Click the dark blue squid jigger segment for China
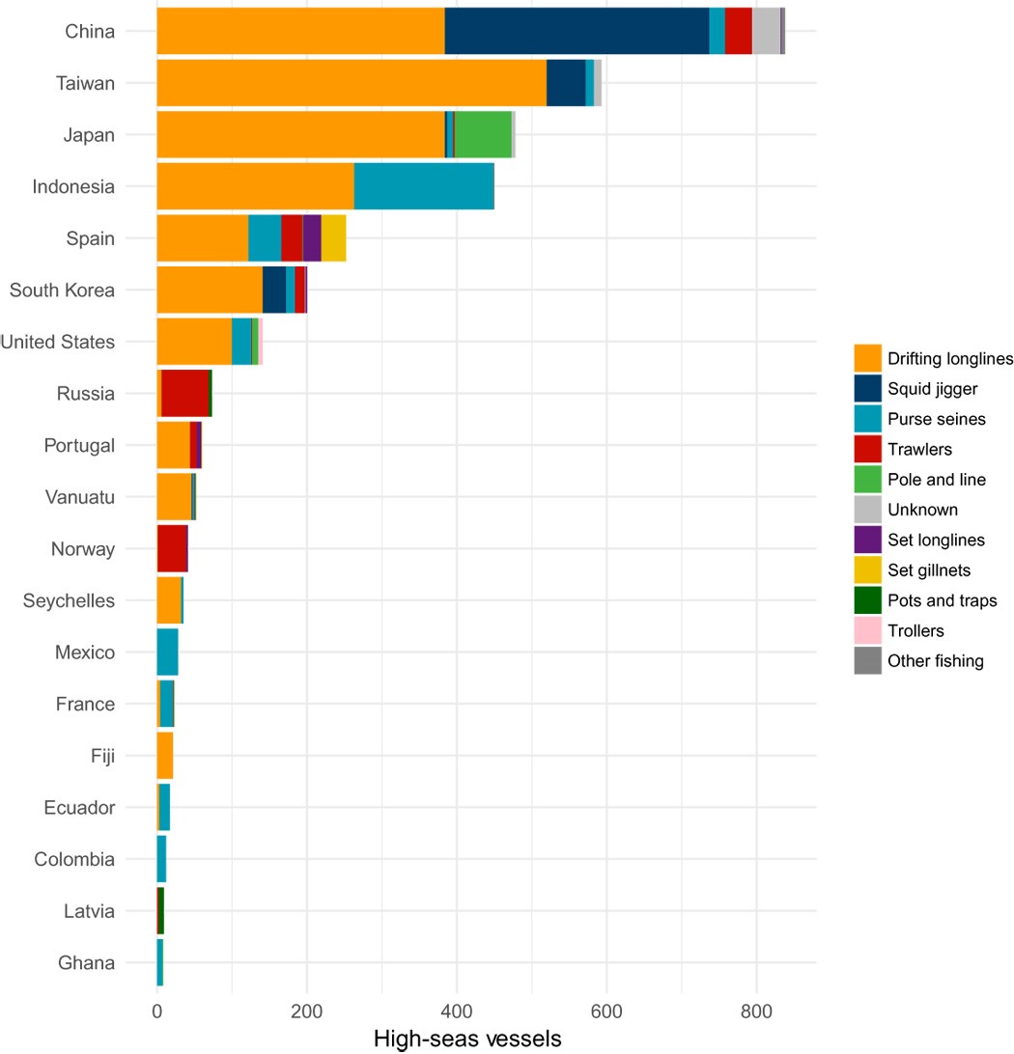pos(577,31)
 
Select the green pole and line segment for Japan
pos(483,134)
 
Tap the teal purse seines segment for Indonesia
pos(424,186)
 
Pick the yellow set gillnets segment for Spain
pos(333,237)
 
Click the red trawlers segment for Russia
pos(185,393)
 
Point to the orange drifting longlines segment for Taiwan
pos(352,83)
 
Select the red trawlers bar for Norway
pos(172,548)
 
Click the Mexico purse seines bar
pos(167,652)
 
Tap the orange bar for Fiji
pos(165,755)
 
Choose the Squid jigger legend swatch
pos(868,389)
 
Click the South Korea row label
pos(62,290)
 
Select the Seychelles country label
pos(69,600)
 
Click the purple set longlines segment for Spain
pos(312,237)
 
